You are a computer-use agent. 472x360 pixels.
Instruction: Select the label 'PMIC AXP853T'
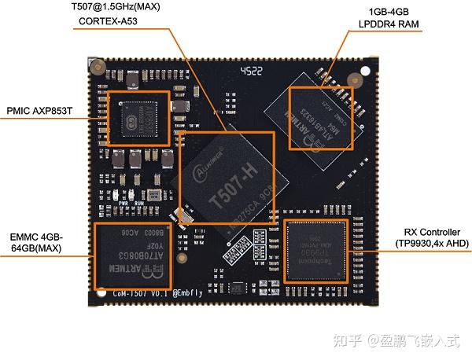40,110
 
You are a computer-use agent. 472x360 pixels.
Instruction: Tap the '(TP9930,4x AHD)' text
432,244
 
